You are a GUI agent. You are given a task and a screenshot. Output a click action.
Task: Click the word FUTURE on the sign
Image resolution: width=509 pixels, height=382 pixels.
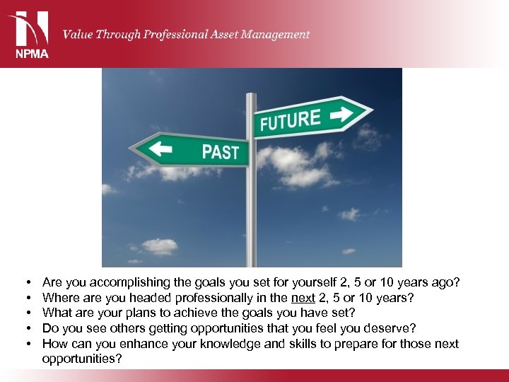click(x=290, y=120)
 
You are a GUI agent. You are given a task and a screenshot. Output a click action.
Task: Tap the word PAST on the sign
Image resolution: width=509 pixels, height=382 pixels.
click(x=220, y=151)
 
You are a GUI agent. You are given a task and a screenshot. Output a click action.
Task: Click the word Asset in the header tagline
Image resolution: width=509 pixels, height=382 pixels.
click(x=218, y=34)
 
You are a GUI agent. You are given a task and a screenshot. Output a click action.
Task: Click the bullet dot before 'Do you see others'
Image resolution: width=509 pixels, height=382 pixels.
click(x=26, y=329)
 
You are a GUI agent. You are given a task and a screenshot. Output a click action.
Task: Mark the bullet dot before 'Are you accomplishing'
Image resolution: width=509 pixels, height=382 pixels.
click(x=26, y=283)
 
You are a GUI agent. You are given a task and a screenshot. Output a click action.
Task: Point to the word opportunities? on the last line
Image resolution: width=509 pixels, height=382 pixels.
click(x=82, y=359)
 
